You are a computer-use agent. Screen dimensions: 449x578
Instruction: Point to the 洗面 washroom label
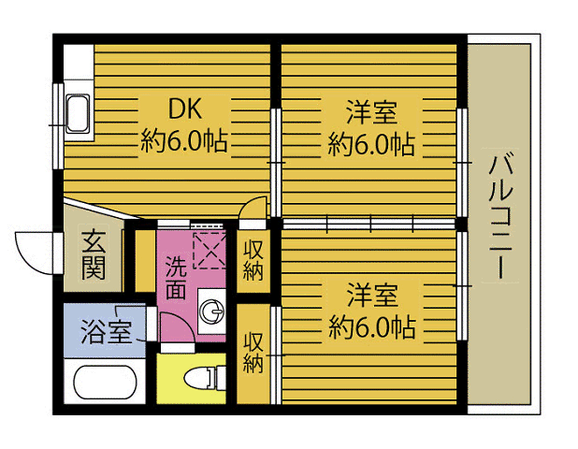pyautogui.click(x=176, y=277)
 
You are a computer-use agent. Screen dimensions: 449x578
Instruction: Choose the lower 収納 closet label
pyautogui.click(x=253, y=352)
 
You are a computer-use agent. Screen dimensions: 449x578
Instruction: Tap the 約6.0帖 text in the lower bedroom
pyautogui.click(x=371, y=326)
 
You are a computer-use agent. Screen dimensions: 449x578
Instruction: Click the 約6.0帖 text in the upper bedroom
pyautogui.click(x=371, y=143)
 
